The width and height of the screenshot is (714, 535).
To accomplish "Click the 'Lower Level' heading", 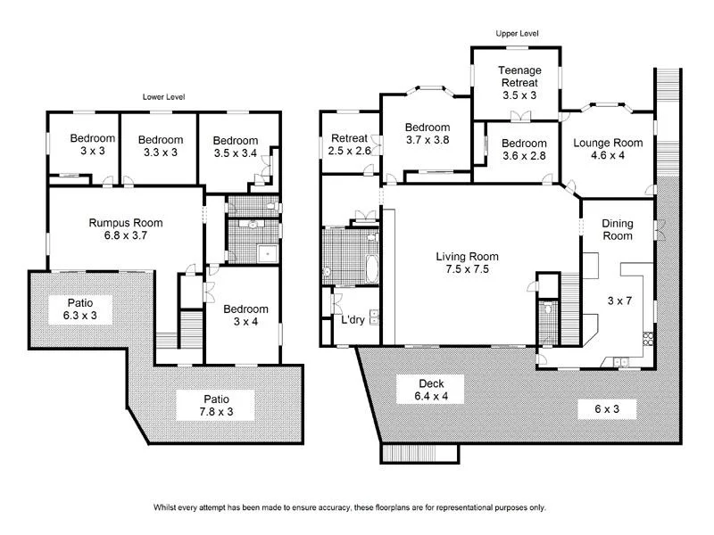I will coord(163,96).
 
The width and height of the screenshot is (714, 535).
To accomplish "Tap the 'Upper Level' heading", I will coord(518,34).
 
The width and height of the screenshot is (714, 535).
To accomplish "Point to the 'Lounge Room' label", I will coord(608,143).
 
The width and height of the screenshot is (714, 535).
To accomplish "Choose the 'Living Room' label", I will coord(461,256).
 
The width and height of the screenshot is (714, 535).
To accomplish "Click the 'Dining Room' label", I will coord(617,230).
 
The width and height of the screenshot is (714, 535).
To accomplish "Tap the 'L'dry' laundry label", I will coord(351,319).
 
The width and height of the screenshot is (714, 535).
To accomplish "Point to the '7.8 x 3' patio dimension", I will coord(215,413).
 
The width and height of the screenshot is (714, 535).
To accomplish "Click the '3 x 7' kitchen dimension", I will coord(619,300).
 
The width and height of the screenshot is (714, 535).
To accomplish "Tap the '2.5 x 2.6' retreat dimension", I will coord(349,152).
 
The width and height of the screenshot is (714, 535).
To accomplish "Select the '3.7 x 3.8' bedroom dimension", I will coord(427,140).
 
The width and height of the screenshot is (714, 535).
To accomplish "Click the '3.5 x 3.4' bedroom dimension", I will coord(236,154).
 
